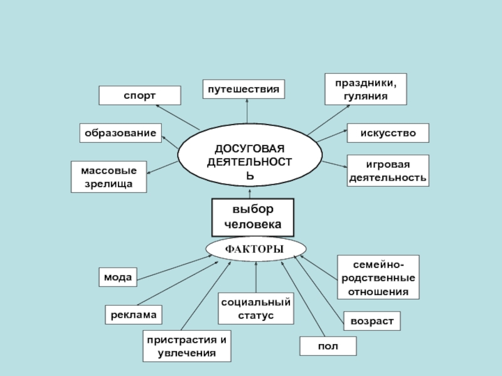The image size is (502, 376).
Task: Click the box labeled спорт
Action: point(139,95)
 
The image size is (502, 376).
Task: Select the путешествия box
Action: point(243,89)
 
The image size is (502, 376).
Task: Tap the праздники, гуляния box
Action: point(365,89)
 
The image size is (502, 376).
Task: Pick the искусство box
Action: point(388,133)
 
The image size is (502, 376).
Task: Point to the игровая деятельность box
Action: point(388,171)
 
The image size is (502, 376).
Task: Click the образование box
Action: point(120,133)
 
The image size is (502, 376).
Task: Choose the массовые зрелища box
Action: point(109,177)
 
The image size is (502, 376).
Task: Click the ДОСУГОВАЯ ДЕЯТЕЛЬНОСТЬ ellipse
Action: point(250,159)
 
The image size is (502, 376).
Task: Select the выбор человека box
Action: point(254,217)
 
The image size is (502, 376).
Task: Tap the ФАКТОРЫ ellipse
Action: point(255,249)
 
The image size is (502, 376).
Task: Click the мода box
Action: point(118,277)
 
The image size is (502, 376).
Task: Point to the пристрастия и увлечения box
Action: point(186,347)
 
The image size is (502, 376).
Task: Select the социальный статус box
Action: point(255,308)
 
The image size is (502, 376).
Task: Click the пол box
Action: point(328,346)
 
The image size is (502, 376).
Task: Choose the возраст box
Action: point(371,321)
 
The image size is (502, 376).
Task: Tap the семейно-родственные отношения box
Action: point(378,276)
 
